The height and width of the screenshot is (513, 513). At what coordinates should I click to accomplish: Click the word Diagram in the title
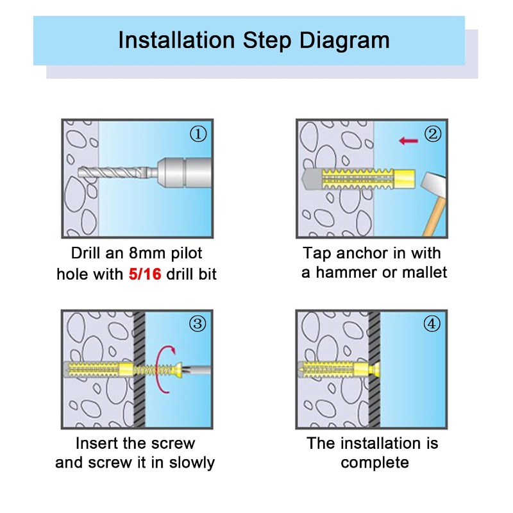tap(344, 41)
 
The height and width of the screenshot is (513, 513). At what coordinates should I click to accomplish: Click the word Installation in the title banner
tap(176, 40)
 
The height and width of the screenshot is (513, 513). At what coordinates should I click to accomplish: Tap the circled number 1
tap(198, 134)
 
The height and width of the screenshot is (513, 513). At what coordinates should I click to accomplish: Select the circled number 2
tap(432, 134)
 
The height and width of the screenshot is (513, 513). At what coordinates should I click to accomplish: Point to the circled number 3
tap(198, 324)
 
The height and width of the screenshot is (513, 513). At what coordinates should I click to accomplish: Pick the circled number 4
tap(432, 324)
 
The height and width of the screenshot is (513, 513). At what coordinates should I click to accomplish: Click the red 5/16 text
tap(145, 274)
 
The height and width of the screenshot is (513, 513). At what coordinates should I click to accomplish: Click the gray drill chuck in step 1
tap(184, 172)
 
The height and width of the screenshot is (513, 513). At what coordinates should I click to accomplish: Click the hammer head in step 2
tap(432, 185)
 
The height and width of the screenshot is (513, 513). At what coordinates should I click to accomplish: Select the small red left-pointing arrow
tap(408, 141)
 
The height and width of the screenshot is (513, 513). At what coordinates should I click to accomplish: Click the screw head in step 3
tap(179, 370)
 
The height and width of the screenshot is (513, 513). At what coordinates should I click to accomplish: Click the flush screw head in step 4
tap(376, 370)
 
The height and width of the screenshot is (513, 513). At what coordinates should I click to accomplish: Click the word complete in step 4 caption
tap(374, 463)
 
